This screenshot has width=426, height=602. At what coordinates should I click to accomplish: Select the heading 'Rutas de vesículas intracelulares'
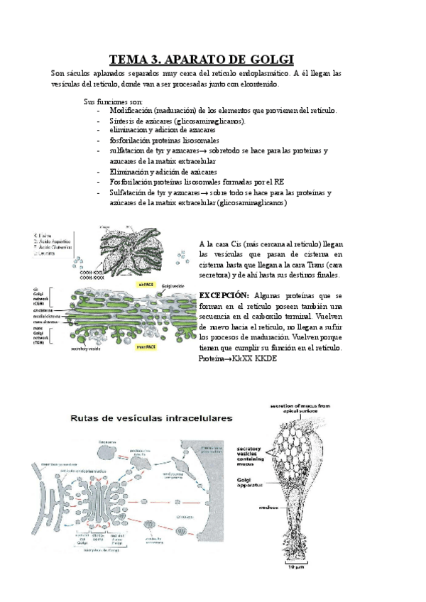(x=151, y=419)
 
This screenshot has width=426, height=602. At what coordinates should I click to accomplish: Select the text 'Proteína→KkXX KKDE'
(x=238, y=359)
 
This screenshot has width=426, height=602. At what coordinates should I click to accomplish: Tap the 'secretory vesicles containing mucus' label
(x=250, y=456)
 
